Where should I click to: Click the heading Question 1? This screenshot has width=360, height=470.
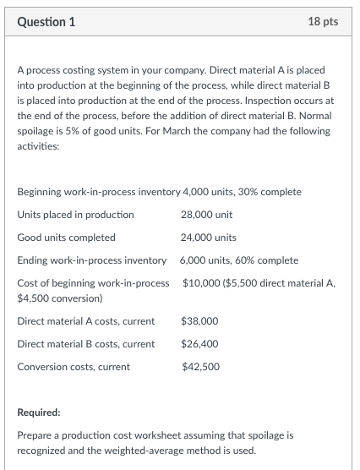point(46,21)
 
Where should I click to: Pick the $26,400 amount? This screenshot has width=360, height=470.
point(199,344)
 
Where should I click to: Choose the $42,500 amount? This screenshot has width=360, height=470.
point(199,366)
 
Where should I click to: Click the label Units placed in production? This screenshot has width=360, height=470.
point(75,215)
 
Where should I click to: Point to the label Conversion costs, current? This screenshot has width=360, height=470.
point(74,366)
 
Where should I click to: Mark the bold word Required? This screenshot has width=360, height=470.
point(39,414)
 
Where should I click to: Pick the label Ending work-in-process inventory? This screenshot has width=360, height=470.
point(91,260)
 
